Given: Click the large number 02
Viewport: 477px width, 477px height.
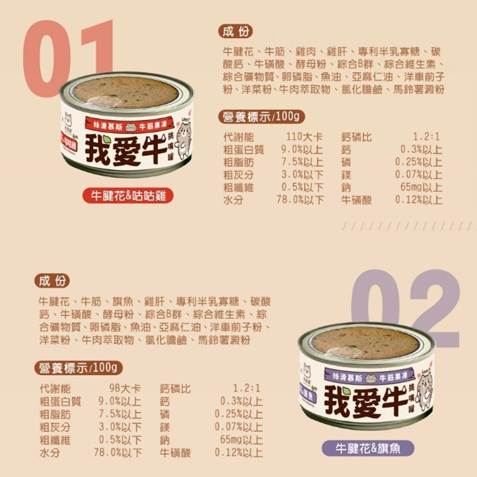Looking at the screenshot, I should pos(405,305).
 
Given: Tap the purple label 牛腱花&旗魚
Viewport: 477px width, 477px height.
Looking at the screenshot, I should pos(368,448).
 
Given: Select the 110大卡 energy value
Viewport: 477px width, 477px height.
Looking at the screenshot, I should pos(304,138).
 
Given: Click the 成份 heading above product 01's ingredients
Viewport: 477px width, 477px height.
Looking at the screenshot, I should pos(236,32).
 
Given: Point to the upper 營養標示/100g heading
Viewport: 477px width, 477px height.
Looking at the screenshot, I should pos(260,116).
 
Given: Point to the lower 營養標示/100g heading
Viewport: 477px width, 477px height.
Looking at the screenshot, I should pos(78,368).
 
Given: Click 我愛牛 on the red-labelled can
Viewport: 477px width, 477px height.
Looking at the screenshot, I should pos(126,149).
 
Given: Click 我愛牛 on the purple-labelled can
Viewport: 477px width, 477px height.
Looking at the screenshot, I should pos(366,400).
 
